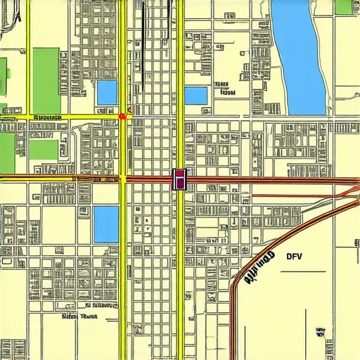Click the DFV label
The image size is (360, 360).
[294, 256]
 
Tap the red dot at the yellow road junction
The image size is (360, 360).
[122, 115]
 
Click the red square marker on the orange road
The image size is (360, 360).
[179, 179]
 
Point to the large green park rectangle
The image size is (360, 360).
[46, 79]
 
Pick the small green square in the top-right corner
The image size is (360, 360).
[344, 7]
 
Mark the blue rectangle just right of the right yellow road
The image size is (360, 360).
[196, 96]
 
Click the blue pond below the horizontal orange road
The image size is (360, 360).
[106, 224]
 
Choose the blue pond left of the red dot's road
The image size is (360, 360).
[107, 92]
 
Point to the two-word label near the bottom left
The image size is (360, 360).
[79, 316]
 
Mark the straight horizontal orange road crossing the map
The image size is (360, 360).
[267, 179]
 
